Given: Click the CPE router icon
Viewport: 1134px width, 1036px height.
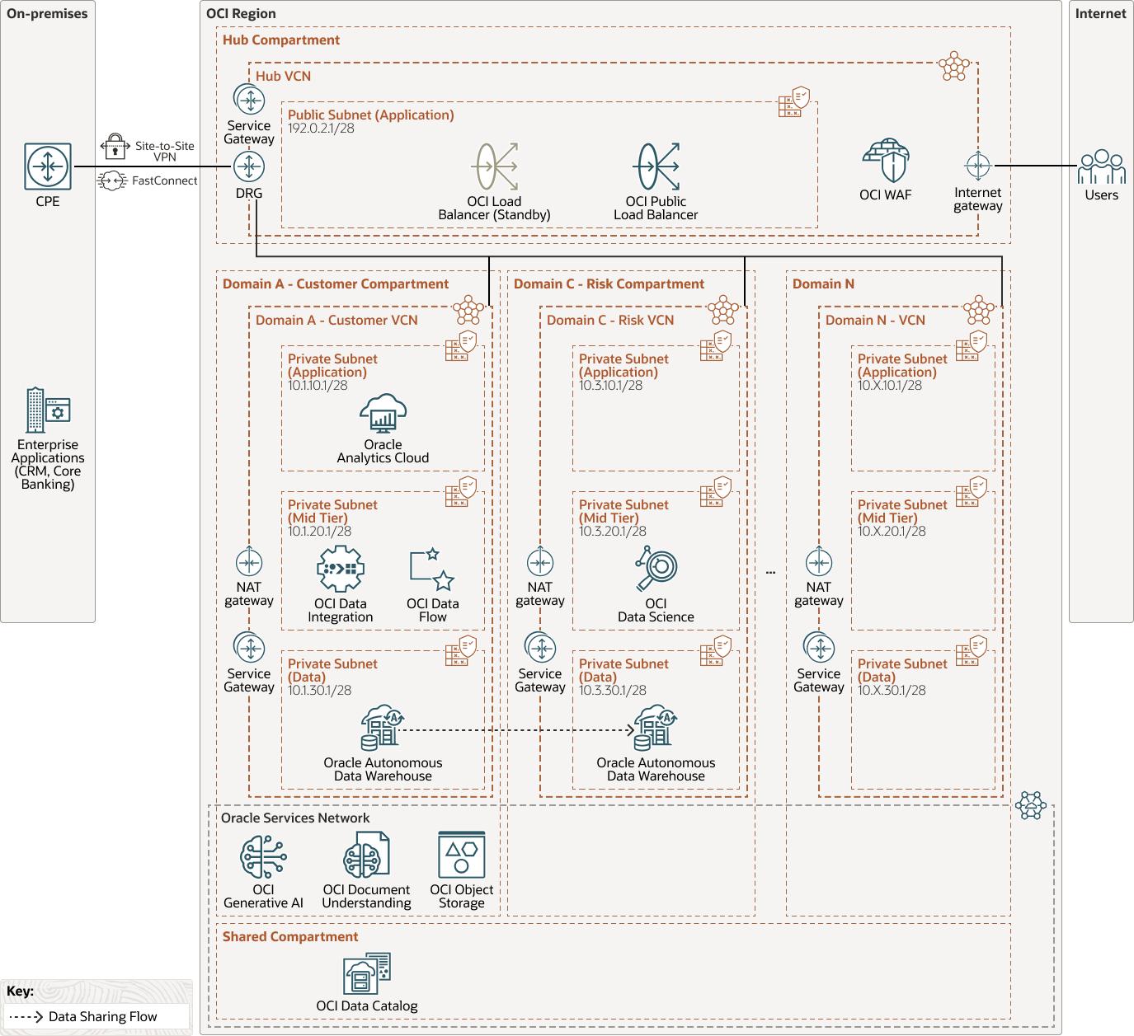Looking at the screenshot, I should tap(48, 166).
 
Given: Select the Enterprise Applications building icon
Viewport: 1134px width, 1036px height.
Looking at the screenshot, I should tap(48, 410).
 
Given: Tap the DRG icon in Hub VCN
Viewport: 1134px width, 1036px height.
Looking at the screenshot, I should tap(249, 167).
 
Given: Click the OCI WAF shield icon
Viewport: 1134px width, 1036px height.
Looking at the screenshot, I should tap(886, 161).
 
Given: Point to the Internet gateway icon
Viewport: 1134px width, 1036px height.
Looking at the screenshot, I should tap(978, 166).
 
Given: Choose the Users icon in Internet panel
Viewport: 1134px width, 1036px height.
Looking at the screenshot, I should tap(1101, 167).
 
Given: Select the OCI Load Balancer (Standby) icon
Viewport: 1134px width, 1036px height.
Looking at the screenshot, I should tap(494, 166).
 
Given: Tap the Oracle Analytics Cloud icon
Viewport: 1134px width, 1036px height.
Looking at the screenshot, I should tap(383, 413).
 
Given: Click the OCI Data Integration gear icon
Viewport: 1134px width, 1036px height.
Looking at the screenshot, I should tap(341, 569).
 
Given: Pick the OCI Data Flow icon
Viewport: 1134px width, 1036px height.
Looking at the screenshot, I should tap(432, 570).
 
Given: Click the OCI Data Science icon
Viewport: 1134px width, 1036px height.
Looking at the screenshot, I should tap(656, 569).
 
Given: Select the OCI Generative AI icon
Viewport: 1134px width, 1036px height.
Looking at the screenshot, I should tap(263, 856).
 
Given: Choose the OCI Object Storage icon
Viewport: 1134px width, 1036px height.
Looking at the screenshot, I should tap(462, 856).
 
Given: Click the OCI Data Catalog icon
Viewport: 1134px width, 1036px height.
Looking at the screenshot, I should tap(367, 973).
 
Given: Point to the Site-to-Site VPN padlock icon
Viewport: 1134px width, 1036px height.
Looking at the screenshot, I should tap(115, 146).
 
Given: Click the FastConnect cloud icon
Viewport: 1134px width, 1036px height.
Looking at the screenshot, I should tap(112, 180).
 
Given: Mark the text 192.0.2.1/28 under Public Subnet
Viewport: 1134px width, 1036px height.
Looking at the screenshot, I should tap(321, 129).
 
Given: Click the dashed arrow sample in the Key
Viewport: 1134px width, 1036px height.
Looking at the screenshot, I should tap(26, 1017).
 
